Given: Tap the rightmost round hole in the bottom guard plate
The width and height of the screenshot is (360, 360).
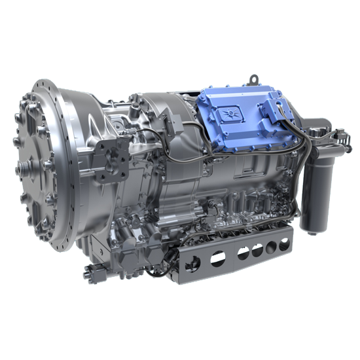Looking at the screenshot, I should (284, 243).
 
